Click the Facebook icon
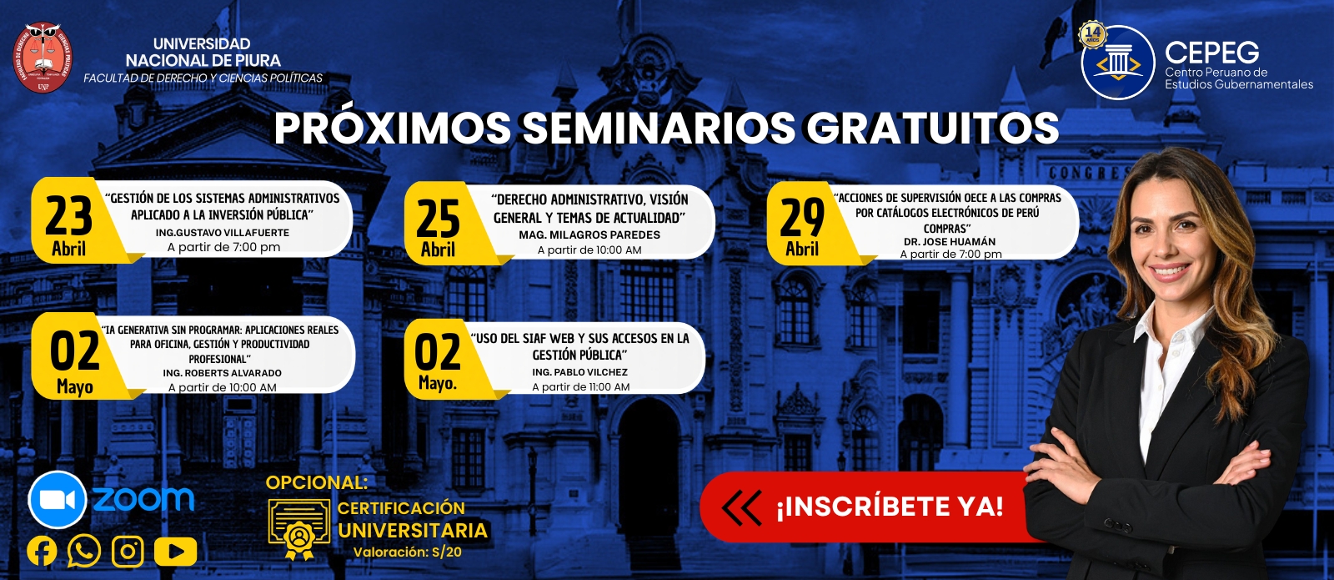(x=43, y=552)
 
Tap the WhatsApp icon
(x=84, y=552)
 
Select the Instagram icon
(x=128, y=552)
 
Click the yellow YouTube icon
(x=176, y=552)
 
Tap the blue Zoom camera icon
(x=58, y=501)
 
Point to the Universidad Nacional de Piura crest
(x=43, y=58)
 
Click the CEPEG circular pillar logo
(x=1118, y=63)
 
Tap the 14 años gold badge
(x=1093, y=34)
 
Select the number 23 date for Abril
(x=69, y=216)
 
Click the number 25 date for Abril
(x=439, y=219)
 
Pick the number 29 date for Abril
(x=802, y=218)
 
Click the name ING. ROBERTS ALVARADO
(x=222, y=373)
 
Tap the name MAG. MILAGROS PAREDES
(x=589, y=235)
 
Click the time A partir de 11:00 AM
(x=580, y=387)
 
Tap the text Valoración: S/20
(x=408, y=552)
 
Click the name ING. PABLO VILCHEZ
(x=580, y=372)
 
